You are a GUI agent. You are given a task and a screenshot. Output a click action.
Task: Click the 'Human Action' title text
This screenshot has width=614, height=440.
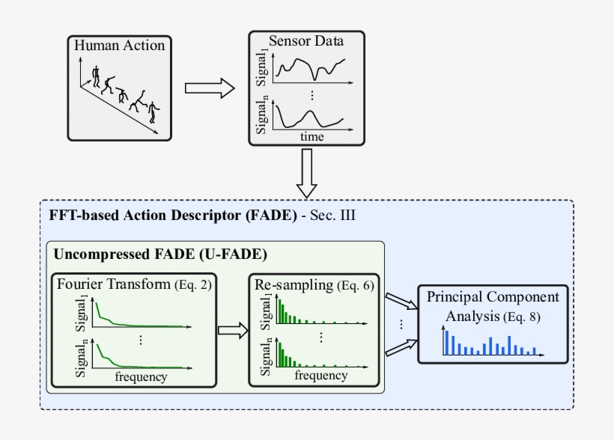tap(120, 46)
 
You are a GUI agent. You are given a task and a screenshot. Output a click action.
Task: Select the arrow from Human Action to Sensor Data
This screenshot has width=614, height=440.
tap(209, 88)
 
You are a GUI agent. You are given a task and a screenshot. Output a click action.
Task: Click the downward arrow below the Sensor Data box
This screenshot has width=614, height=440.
tap(306, 173)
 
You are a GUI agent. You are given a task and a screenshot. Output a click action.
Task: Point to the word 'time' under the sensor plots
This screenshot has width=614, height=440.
tap(311, 136)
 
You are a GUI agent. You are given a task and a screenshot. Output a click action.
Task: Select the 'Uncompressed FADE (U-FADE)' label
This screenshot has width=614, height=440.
tap(159, 254)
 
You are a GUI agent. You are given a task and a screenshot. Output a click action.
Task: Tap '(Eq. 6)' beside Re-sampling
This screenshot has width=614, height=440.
tap(355, 286)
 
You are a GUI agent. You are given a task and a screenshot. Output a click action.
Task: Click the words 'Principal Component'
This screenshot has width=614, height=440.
tap(493, 297)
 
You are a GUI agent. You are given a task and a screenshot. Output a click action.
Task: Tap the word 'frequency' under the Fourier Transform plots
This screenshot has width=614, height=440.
tap(141, 376)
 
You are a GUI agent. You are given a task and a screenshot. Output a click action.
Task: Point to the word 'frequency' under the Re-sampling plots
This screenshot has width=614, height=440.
tap(320, 375)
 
